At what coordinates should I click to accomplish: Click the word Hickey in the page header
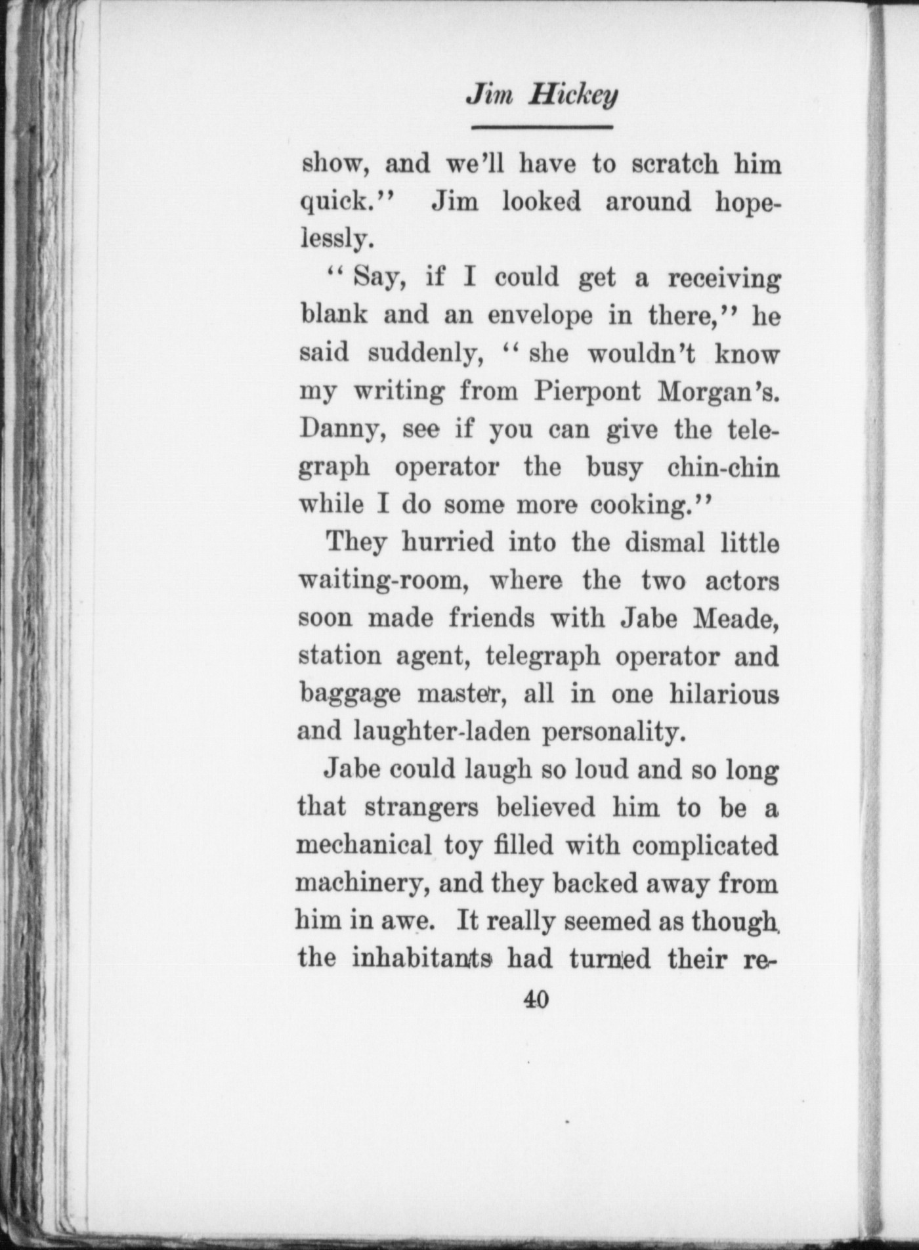(574, 97)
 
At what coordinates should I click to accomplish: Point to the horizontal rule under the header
(542, 127)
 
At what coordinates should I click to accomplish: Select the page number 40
(536, 999)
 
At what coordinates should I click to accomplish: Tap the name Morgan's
(720, 392)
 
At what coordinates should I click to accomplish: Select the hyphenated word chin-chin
(723, 467)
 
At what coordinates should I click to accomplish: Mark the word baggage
(349, 695)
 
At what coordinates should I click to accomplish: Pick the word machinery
(362, 884)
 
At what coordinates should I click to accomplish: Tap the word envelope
(540, 316)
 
